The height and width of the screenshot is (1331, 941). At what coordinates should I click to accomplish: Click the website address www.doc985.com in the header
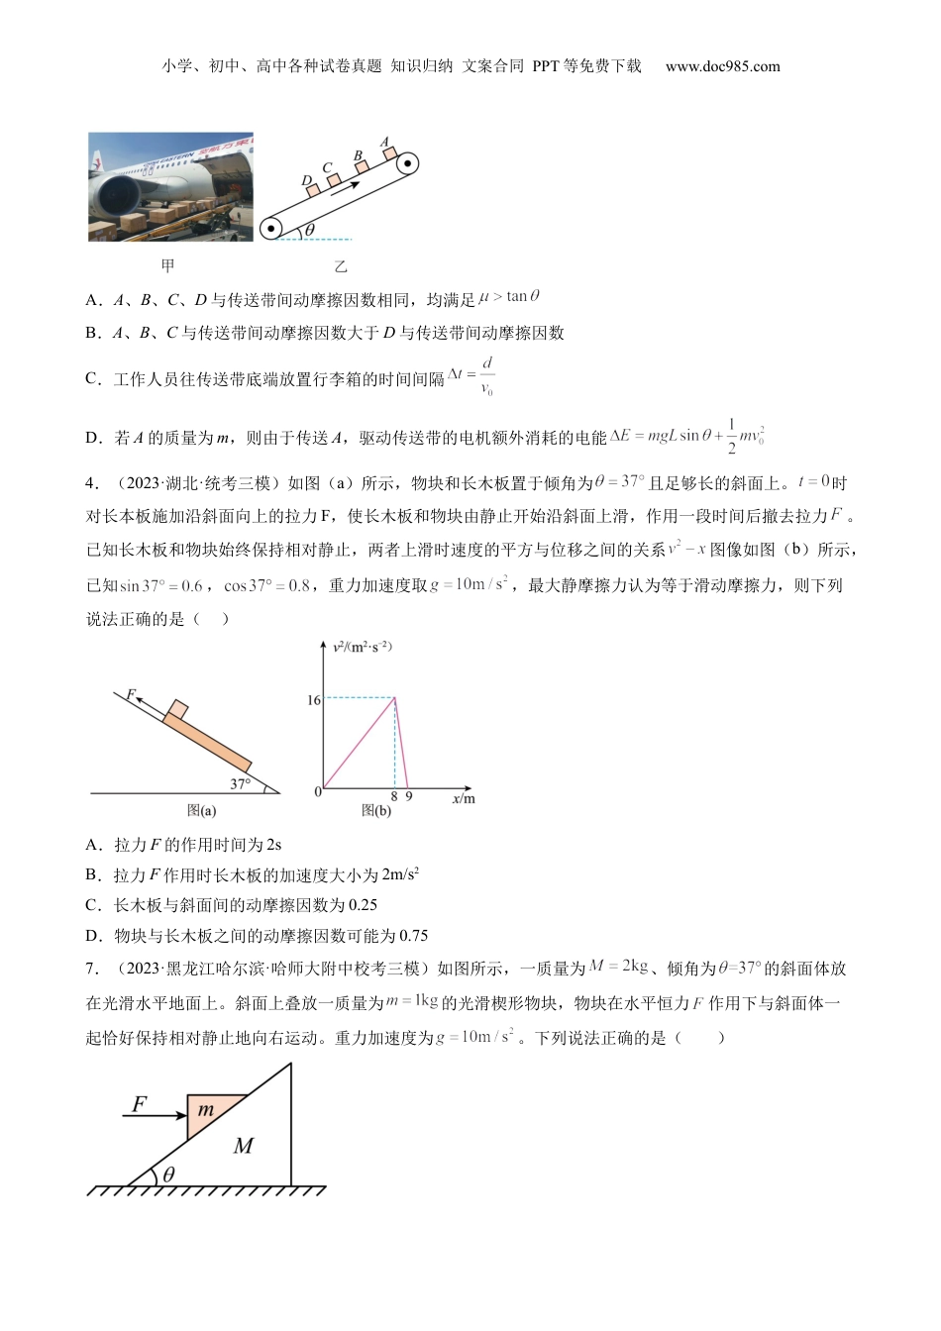(722, 66)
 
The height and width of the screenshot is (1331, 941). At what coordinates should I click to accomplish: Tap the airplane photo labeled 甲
(170, 187)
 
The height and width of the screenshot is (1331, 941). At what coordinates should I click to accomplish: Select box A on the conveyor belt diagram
(390, 152)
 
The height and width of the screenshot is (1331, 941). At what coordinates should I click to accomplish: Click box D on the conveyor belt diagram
(313, 189)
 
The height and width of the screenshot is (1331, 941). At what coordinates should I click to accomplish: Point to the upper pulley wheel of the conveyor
(407, 163)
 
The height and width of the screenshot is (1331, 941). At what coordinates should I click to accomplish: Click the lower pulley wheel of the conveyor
(270, 228)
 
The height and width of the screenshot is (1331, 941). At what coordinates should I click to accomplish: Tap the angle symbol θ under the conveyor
(309, 230)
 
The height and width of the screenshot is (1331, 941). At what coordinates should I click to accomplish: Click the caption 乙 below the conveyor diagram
(341, 266)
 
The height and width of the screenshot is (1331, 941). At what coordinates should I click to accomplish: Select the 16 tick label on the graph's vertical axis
(313, 700)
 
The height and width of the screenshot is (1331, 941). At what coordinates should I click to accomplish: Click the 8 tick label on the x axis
(394, 796)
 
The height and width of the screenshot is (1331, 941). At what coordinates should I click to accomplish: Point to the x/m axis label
(463, 798)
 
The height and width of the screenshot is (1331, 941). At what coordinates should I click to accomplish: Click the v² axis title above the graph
(363, 647)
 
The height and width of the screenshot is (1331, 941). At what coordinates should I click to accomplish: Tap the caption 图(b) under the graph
(376, 810)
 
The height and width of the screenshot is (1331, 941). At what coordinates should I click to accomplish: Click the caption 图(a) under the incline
(201, 810)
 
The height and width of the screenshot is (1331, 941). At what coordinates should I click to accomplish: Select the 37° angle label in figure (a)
(240, 784)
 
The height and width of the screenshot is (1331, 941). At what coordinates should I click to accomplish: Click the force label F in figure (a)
(130, 695)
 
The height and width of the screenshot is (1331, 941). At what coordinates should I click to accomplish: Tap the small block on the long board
(177, 709)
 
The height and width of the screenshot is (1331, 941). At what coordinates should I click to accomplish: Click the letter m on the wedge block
(206, 1110)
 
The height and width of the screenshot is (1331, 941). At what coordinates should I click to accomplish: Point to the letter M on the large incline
(243, 1146)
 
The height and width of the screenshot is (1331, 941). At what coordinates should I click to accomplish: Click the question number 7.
(91, 969)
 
